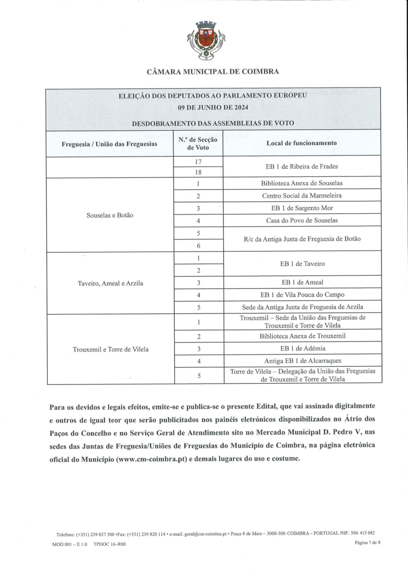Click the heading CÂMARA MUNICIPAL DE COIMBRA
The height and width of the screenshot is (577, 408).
pyautogui.click(x=212, y=71)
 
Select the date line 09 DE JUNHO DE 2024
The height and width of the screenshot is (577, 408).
pyautogui.click(x=212, y=107)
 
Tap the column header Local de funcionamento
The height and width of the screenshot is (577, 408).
pyautogui.click(x=301, y=143)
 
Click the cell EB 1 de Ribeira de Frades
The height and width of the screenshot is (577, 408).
pyautogui.click(x=301, y=166)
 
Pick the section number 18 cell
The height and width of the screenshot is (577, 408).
pyautogui.click(x=198, y=172)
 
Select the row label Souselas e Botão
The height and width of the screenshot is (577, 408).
pyautogui.click(x=109, y=216)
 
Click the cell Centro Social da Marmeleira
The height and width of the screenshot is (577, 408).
pyautogui.click(x=301, y=195)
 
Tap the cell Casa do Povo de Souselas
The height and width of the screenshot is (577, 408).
pyautogui.click(x=301, y=220)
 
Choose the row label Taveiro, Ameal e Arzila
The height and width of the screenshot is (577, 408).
pyautogui.click(x=109, y=283)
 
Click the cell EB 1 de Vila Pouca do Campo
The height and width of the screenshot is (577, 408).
pyautogui.click(x=301, y=295)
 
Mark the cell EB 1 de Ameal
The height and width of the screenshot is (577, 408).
pyautogui.click(x=301, y=282)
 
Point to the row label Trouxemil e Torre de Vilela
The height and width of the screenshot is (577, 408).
pyautogui.click(x=109, y=349)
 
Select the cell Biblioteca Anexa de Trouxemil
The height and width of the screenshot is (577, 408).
pyautogui.click(x=301, y=336)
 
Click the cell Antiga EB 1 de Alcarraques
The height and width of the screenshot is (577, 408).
pyautogui.click(x=301, y=361)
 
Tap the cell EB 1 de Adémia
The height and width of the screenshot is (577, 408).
pyautogui.click(x=301, y=349)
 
